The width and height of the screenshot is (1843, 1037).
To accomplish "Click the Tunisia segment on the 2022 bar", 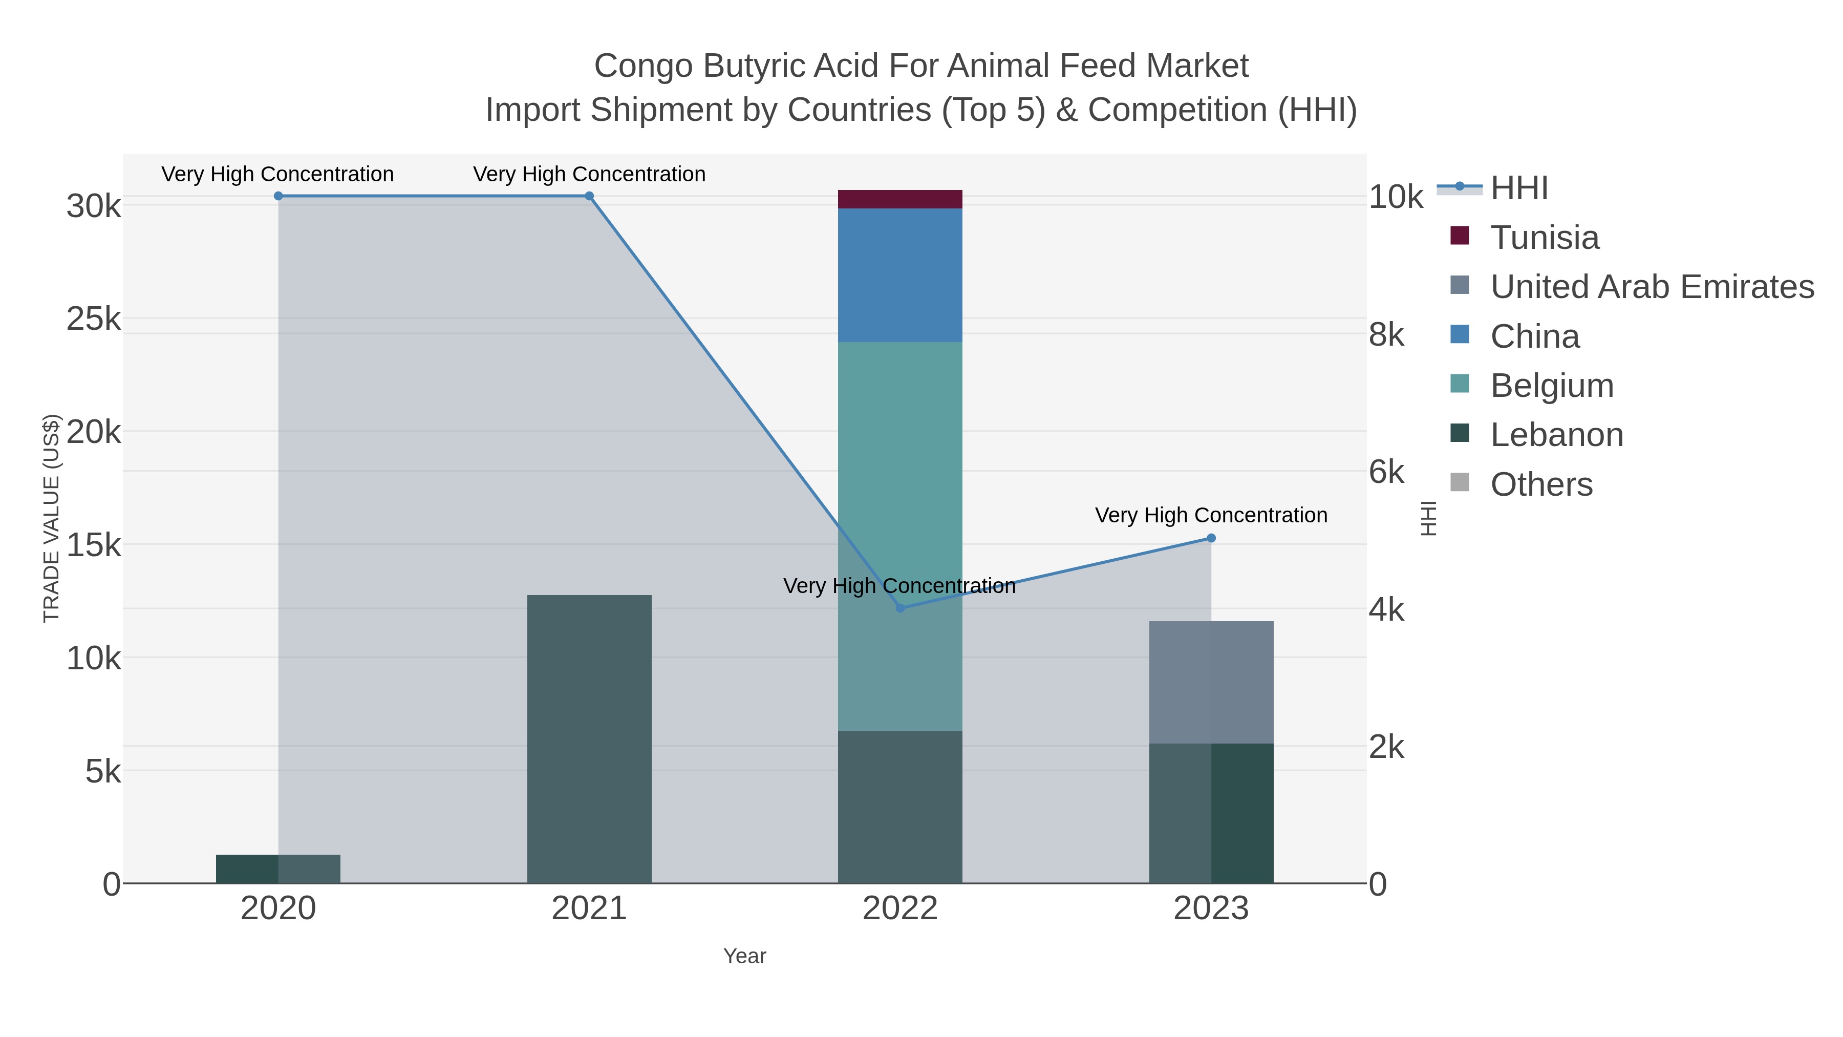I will [x=899, y=199].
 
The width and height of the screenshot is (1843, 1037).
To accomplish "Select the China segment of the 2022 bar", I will [x=899, y=275].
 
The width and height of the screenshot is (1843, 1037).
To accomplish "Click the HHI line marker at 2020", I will [x=278, y=196].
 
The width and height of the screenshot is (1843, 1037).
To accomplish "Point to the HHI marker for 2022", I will [x=900, y=607].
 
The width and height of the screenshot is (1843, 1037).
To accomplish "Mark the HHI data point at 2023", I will [x=1211, y=538].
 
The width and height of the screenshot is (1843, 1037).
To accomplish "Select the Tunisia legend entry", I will [x=1544, y=238].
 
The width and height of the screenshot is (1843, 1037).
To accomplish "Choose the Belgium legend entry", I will [x=1551, y=386].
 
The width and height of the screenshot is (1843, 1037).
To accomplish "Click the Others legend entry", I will [x=1541, y=484].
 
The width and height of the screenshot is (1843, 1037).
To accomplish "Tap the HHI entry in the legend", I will [x=1518, y=188].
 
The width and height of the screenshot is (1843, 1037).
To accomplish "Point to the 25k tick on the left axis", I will [x=94, y=319].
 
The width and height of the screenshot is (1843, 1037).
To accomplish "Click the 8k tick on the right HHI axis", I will [x=1386, y=335].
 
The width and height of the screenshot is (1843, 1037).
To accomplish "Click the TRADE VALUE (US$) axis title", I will [x=52, y=518].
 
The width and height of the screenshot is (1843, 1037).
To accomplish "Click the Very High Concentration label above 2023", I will [x=1211, y=515].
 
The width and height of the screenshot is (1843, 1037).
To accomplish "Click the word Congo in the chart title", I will [x=643, y=66].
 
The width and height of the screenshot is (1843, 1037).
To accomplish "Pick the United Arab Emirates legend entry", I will [x=1651, y=287].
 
